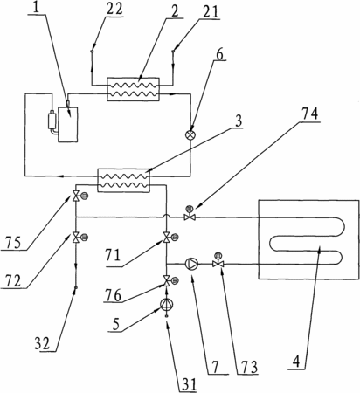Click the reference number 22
point(114,10)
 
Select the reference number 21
point(210,11)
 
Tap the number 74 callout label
point(309,114)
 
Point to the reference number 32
point(43,344)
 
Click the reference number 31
point(190,384)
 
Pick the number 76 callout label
point(113,295)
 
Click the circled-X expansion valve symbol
point(190,135)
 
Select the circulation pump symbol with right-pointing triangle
point(192,264)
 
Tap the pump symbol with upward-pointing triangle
point(167,304)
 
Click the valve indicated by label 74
point(190,215)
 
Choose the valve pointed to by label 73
point(218,261)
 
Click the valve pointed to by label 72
point(79,238)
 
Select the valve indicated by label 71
point(170,238)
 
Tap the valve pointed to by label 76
point(170,281)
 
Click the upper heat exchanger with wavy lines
point(133,89)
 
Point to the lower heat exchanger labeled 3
point(123,180)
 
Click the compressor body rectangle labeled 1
point(68,125)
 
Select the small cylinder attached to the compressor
point(52,120)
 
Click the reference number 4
point(296,362)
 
